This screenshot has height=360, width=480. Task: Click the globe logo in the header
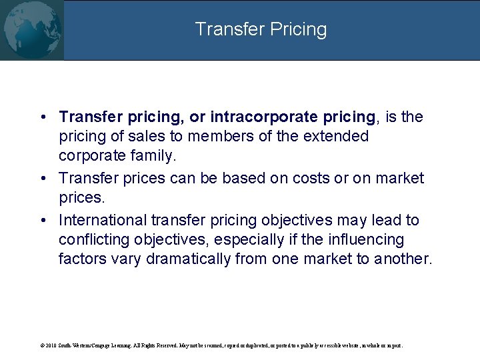click(x=31, y=29)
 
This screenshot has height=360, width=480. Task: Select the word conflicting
click(x=95, y=239)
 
